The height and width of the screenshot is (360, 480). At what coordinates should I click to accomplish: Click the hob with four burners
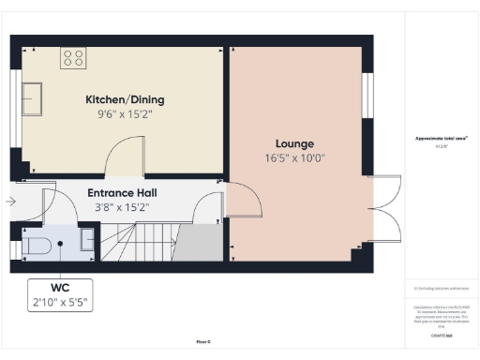[73, 59]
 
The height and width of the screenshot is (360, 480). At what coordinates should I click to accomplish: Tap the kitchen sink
[32, 97]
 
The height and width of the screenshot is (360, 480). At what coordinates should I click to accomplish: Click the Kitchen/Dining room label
[123, 98]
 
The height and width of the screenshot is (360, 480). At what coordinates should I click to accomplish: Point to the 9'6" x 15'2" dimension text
[123, 114]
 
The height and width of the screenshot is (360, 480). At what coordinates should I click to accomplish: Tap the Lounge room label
[295, 143]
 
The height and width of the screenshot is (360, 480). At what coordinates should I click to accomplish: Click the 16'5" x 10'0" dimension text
[295, 158]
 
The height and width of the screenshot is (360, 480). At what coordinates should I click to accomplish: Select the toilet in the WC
[37, 246]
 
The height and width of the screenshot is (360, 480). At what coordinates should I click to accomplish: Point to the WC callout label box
[59, 293]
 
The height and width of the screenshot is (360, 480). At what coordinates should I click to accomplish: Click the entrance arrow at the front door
[10, 201]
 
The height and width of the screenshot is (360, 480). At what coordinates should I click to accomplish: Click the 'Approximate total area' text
[441, 139]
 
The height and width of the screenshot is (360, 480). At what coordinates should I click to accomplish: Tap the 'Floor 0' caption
[202, 342]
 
